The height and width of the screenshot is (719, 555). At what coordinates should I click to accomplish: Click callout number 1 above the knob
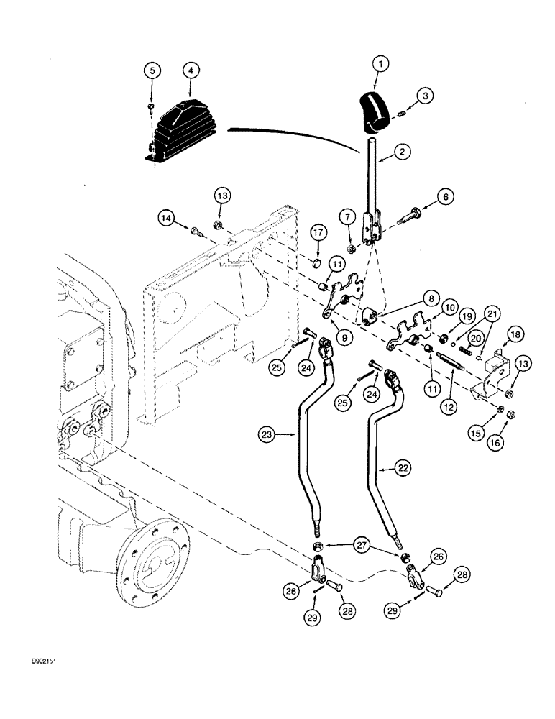(381, 64)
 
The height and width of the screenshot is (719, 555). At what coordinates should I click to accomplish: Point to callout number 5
(152, 71)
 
